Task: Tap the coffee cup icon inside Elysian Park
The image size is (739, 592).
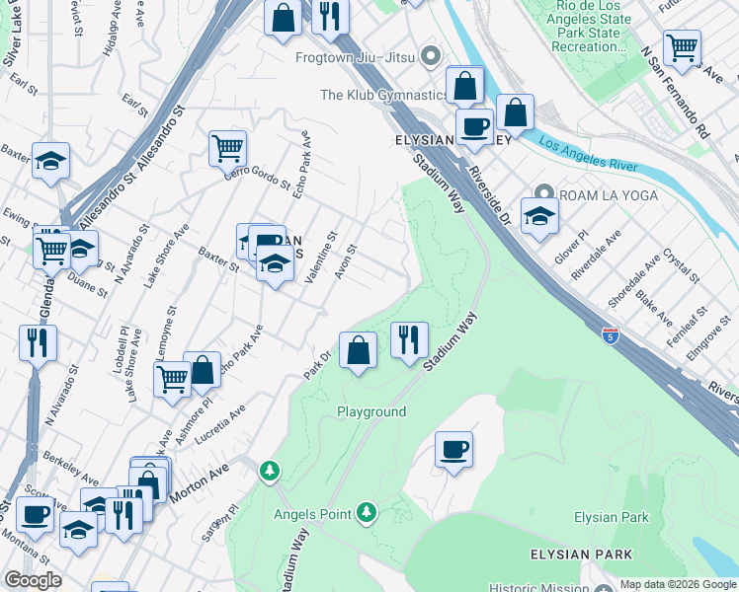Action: point(453,450)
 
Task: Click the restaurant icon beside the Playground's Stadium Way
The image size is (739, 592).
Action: point(408,340)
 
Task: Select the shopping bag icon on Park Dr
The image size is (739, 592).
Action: point(358,350)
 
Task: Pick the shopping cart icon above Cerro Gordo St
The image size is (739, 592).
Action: point(227,148)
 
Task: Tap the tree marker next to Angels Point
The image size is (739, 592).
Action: point(367,512)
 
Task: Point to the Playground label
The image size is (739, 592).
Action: point(371,411)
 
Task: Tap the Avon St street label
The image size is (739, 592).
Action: point(345,261)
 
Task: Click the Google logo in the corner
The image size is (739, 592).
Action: point(33,580)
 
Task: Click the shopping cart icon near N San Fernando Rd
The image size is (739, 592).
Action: point(682,46)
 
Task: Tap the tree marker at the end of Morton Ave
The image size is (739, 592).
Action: point(269,472)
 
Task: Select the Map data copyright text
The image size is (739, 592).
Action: point(678,584)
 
